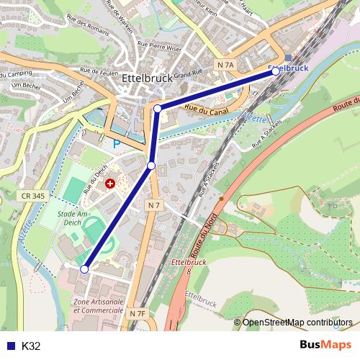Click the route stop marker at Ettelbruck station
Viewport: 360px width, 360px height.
tap(276, 72)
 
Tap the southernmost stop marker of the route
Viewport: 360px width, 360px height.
tap(84, 269)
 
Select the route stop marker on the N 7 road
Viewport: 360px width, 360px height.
tap(151, 166)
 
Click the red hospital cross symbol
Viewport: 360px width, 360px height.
tap(109, 184)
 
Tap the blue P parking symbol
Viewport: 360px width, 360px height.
tap(116, 144)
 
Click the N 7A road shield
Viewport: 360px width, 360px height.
tap(225, 65)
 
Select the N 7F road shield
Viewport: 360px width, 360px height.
tap(138, 313)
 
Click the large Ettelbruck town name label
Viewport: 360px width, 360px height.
tap(146, 79)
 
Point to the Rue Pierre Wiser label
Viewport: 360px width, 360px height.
tap(160, 47)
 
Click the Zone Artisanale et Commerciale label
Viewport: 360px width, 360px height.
tap(98, 305)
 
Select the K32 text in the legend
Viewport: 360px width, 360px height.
tap(31, 346)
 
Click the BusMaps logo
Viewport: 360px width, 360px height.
tap(326, 345)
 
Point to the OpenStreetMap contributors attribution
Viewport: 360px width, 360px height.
tap(297, 323)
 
